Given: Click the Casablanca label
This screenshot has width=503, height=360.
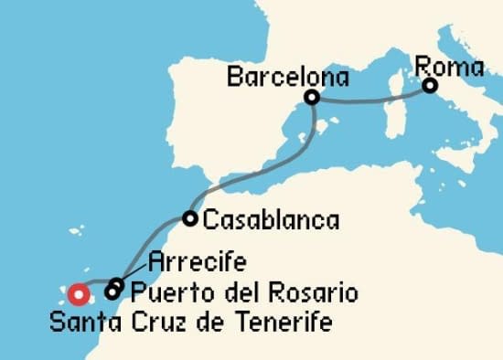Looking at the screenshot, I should point(271,220).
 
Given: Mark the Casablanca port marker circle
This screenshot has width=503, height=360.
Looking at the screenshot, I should point(189,218).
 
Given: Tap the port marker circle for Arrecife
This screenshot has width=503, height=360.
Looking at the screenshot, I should point(116,284).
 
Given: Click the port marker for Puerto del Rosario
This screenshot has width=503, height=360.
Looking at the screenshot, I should point(112,293).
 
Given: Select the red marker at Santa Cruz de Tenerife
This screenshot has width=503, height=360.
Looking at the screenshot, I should point(79,294).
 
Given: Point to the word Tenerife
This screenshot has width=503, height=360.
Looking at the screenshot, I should point(290,323).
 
